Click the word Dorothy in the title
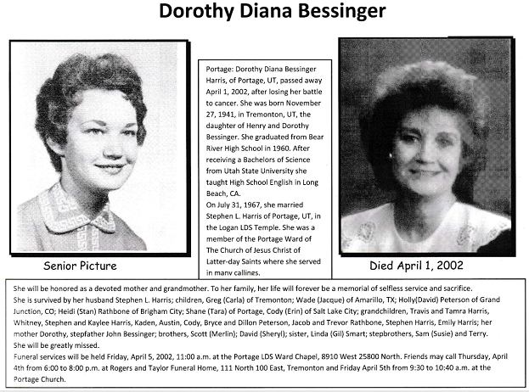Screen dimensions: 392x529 pos(196,13)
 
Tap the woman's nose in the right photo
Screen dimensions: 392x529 pos(424,153)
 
